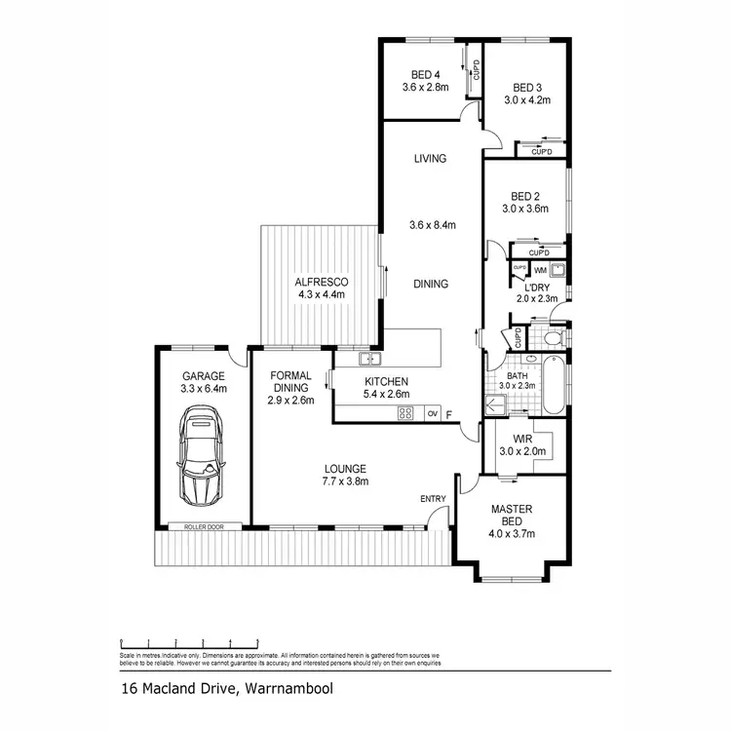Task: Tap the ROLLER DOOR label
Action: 204,527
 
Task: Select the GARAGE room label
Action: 203,376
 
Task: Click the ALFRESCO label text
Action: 322,283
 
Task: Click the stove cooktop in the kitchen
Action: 405,413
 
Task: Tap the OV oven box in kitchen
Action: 434,413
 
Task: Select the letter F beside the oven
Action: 448,415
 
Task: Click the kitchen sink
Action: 365,359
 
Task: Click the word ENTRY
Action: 433,499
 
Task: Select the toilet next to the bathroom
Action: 552,339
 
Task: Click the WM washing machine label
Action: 539,269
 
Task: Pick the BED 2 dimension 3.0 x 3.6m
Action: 524,208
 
